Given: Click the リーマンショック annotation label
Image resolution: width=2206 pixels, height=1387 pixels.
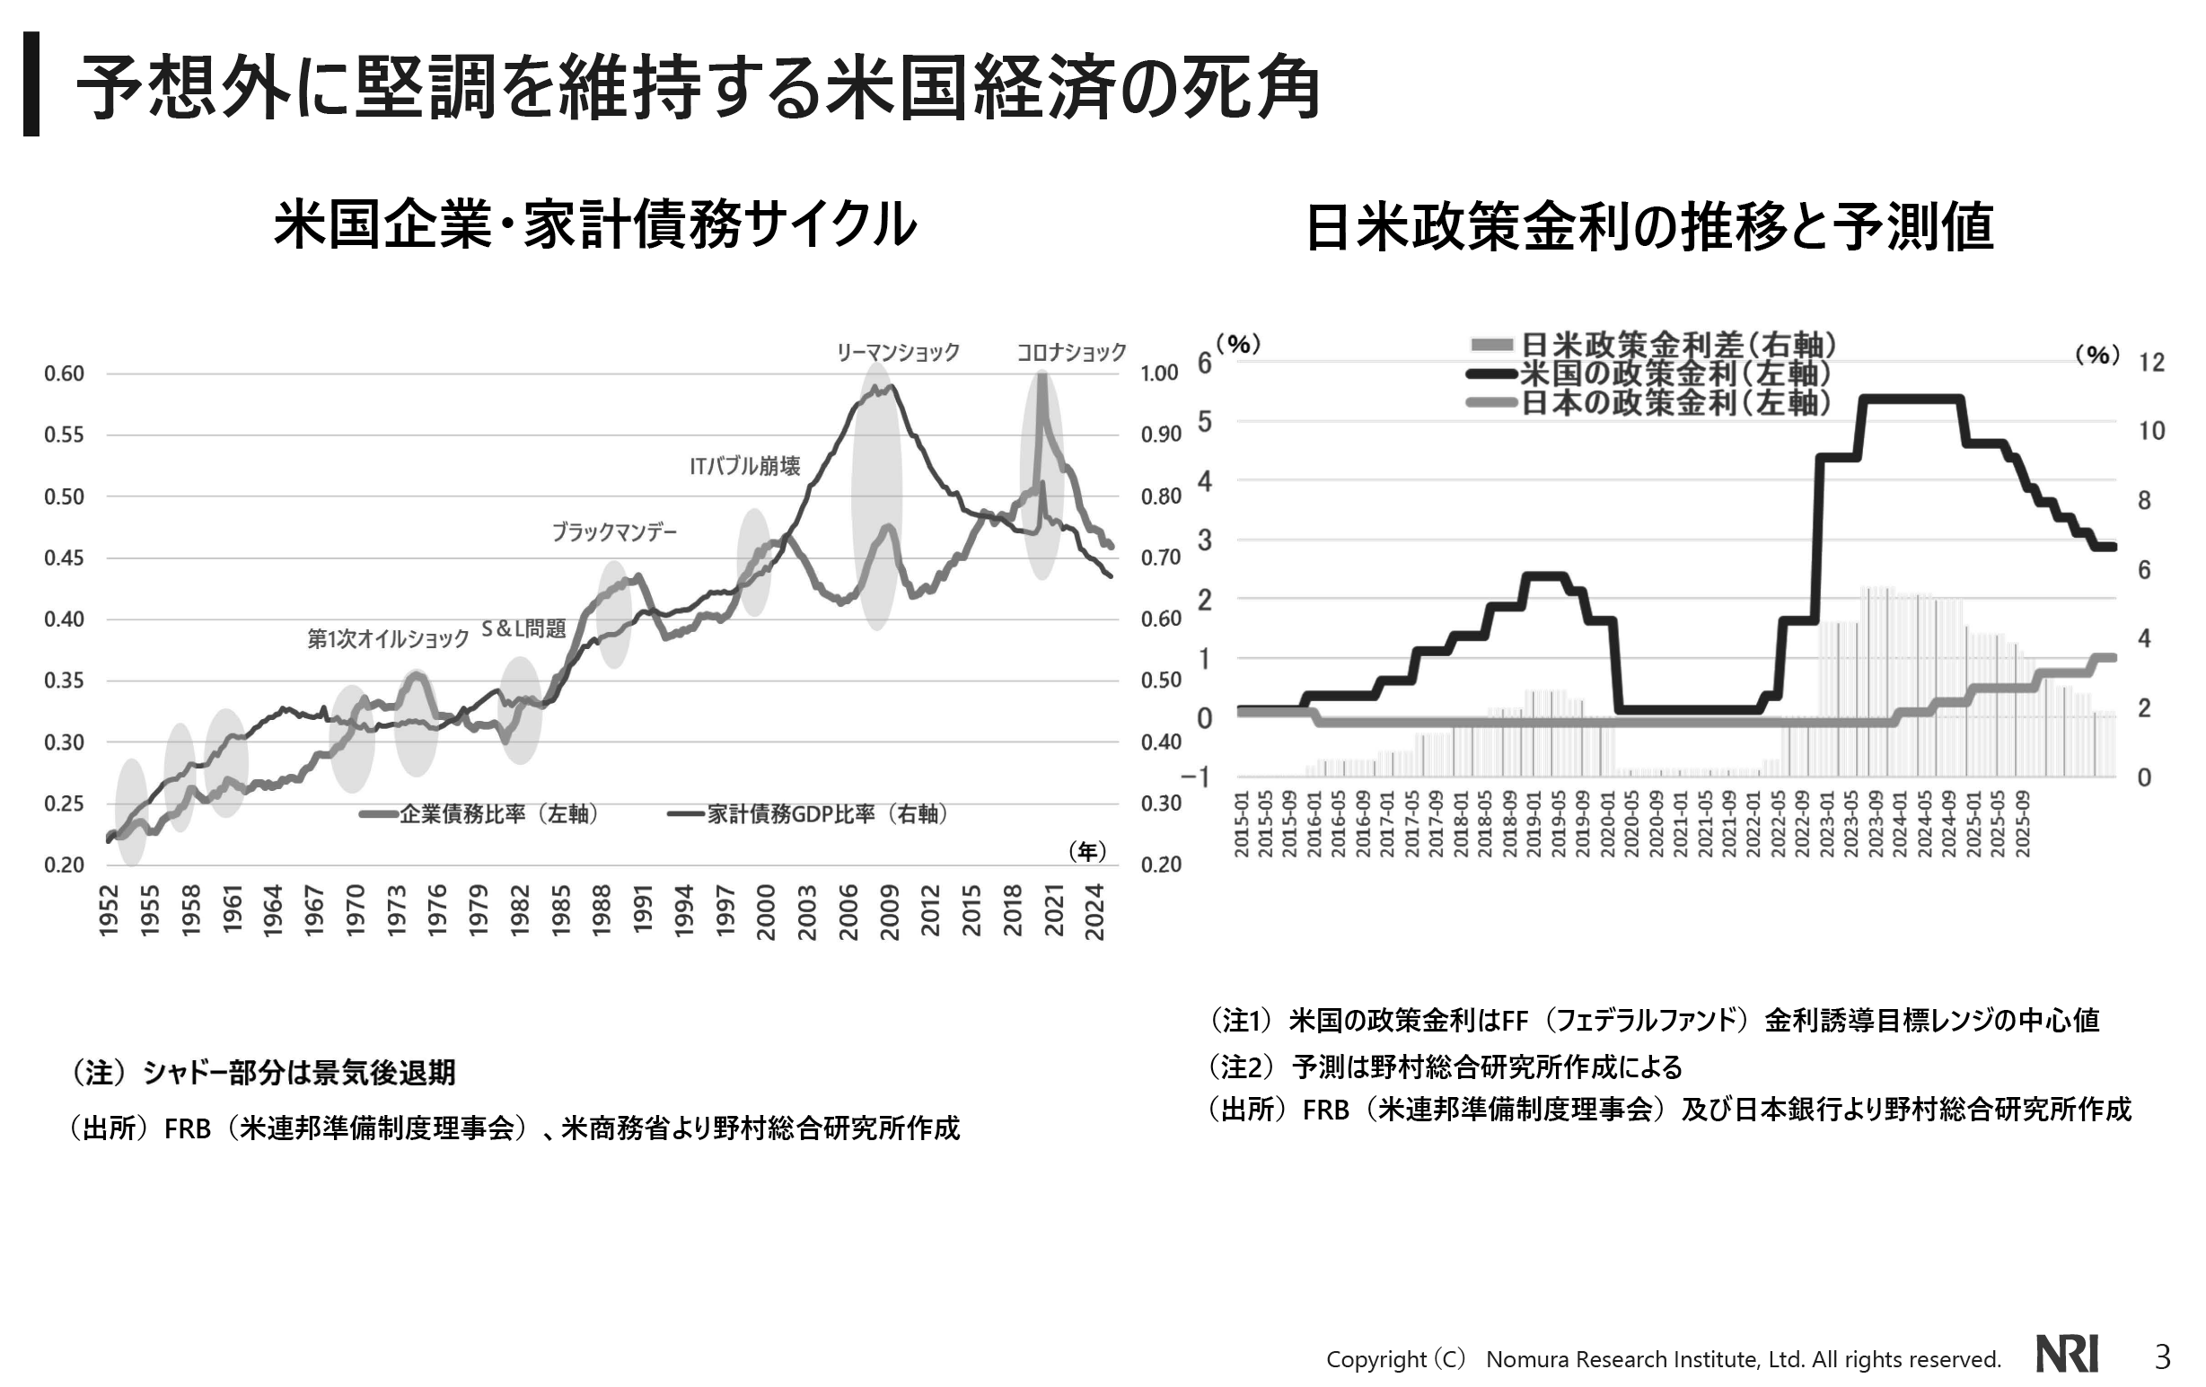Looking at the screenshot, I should pyautogui.click(x=897, y=352).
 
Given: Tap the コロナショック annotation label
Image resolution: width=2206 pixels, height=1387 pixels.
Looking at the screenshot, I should pyautogui.click(x=1071, y=352).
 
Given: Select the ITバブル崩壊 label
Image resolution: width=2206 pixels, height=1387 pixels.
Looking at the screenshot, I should pyautogui.click(x=745, y=466).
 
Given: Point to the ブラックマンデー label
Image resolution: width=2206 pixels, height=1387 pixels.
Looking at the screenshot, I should pyautogui.click(x=614, y=532).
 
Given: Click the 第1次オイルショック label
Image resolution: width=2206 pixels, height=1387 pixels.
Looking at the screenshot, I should pyautogui.click(x=388, y=638).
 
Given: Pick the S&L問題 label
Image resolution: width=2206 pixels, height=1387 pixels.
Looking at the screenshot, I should pyautogui.click(x=524, y=628).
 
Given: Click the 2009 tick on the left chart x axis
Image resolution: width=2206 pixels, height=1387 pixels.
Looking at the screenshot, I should pyautogui.click(x=890, y=911).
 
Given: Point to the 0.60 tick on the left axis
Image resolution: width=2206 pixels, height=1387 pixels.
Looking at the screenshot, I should pyautogui.click(x=64, y=373).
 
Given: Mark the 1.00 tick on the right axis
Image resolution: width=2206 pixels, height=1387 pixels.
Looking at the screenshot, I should pyautogui.click(x=1159, y=373).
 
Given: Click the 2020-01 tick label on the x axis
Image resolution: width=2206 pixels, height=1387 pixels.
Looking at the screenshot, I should pyautogui.click(x=1608, y=824).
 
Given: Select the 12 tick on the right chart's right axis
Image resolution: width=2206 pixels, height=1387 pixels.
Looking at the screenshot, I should pyautogui.click(x=2151, y=363).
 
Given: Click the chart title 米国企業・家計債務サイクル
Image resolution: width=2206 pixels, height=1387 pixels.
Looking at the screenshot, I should pyautogui.click(x=594, y=225).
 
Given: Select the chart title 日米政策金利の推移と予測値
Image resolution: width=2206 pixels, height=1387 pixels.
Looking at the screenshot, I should pyautogui.click(x=1649, y=227).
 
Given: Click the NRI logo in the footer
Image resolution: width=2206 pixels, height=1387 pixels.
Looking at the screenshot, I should pyautogui.click(x=2067, y=1354).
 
